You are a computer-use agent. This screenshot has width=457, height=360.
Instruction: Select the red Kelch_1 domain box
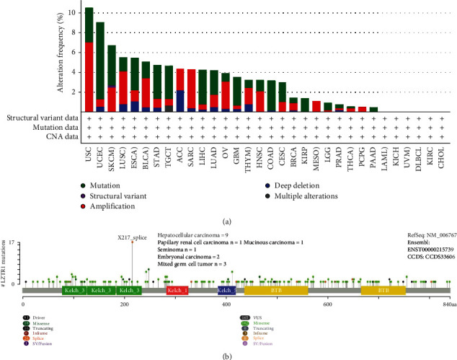tap(177, 289)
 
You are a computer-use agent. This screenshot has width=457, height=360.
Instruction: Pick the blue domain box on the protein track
tap(226, 289)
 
